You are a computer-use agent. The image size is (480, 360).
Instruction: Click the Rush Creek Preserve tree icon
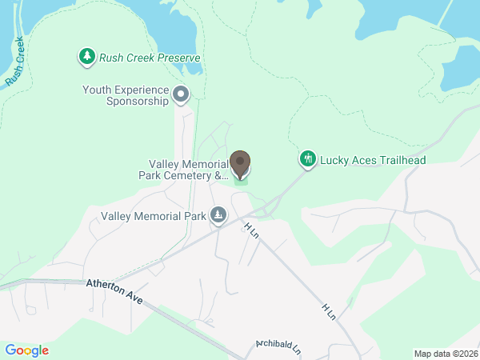tap(86, 57)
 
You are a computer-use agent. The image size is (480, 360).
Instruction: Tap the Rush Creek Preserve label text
tap(149, 58)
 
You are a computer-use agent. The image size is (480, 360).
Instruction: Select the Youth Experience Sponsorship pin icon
tap(181, 94)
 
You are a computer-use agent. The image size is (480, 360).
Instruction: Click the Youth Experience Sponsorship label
tap(126, 95)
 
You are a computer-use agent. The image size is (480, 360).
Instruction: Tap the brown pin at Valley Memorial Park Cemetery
tap(239, 162)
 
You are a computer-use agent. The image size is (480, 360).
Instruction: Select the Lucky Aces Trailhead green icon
tap(308, 159)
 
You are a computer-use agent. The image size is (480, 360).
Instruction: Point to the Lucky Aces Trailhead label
tap(373, 160)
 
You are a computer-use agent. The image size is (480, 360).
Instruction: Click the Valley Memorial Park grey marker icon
tap(218, 215)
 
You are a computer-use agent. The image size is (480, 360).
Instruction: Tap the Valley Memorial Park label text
tap(154, 216)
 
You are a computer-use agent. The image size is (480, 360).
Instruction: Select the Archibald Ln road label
tap(278, 347)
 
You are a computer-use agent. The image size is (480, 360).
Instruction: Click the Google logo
tap(26, 350)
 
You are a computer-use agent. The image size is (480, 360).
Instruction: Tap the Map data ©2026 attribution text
tap(445, 354)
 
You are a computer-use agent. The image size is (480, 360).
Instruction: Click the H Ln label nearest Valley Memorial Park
tap(252, 230)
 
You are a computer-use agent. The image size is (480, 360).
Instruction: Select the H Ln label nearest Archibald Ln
tap(328, 311)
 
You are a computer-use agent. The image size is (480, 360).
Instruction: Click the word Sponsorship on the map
tap(137, 102)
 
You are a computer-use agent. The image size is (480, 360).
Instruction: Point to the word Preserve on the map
tap(178, 58)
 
